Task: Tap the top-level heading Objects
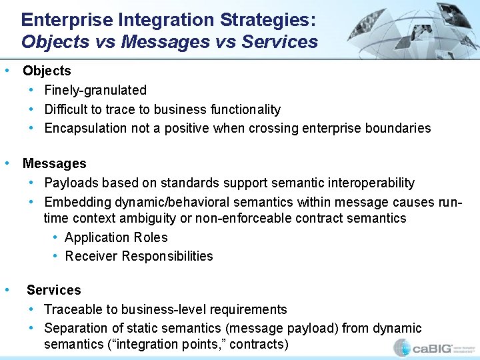(x=47, y=71)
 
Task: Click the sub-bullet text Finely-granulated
(x=95, y=90)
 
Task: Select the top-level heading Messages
(x=54, y=163)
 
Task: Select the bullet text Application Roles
(x=116, y=237)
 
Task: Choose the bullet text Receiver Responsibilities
(x=139, y=256)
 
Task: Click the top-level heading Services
(x=53, y=290)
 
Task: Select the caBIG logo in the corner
(x=433, y=347)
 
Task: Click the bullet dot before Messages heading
(x=7, y=163)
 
